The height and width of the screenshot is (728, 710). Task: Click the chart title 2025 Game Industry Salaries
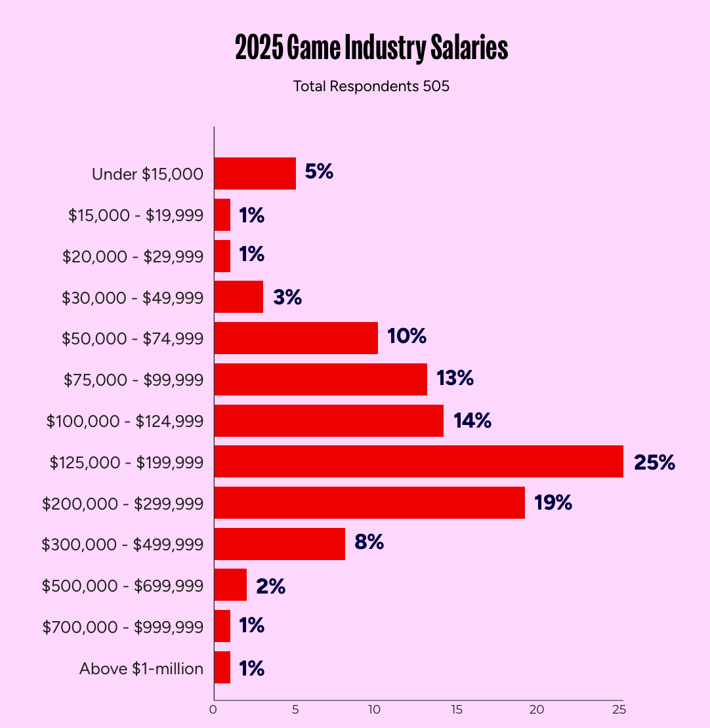pyautogui.click(x=371, y=49)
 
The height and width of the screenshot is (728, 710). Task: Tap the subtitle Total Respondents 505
pyautogui.click(x=371, y=86)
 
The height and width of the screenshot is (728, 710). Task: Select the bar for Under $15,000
pyautogui.click(x=255, y=174)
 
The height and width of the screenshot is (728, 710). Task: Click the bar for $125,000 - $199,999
pyautogui.click(x=419, y=462)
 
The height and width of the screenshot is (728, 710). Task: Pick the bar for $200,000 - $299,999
pyautogui.click(x=369, y=503)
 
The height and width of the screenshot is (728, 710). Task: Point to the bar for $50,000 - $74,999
pyautogui.click(x=296, y=338)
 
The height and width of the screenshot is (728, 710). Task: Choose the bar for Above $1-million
pyautogui.click(x=222, y=668)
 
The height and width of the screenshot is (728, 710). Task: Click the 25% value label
pyautogui.click(x=654, y=462)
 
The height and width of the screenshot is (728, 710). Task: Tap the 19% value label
pyautogui.click(x=553, y=503)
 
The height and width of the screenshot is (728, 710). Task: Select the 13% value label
pyautogui.click(x=455, y=378)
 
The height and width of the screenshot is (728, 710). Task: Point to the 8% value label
pyautogui.click(x=369, y=543)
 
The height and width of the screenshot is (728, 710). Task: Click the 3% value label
pyautogui.click(x=287, y=297)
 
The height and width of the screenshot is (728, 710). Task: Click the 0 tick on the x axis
pyautogui.click(x=213, y=710)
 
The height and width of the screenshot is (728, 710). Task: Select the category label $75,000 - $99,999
pyautogui.click(x=133, y=380)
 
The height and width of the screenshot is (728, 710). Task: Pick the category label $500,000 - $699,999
pyautogui.click(x=123, y=586)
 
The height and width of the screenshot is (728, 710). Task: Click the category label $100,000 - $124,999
pyautogui.click(x=125, y=421)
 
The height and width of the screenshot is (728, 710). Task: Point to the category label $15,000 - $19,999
pyautogui.click(x=136, y=215)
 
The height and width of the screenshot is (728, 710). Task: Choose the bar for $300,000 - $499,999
pyautogui.click(x=280, y=544)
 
